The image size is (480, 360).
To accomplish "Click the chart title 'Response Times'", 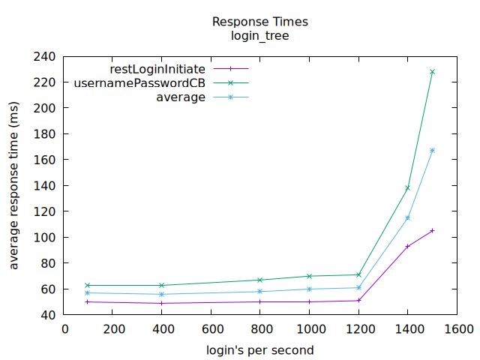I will [x=259, y=22].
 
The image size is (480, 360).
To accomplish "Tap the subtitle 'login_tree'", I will [x=259, y=35].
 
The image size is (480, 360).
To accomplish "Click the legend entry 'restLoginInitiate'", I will [x=157, y=69].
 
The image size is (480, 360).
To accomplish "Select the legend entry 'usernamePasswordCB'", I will [x=139, y=83].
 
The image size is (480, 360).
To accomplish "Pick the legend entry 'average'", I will [x=181, y=97].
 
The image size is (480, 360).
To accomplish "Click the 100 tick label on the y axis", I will [x=46, y=238].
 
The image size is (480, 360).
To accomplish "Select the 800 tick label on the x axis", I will [x=260, y=328].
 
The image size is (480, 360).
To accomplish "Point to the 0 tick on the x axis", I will [x=64, y=328].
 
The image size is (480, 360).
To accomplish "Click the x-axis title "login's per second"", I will [x=260, y=349].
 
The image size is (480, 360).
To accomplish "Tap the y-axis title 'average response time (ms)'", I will [x=14, y=185].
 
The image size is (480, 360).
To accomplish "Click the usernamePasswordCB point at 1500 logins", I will [x=432, y=72].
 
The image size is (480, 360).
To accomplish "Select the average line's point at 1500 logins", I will [x=432, y=151].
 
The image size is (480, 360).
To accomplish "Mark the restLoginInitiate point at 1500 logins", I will [x=432, y=231].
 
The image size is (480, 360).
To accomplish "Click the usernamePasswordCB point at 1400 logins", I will [x=408, y=187].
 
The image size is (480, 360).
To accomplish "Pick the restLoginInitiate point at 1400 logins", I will [x=408, y=246].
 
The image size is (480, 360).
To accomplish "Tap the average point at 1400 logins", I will [x=408, y=217].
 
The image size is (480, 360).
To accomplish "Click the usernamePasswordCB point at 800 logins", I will [x=260, y=280].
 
